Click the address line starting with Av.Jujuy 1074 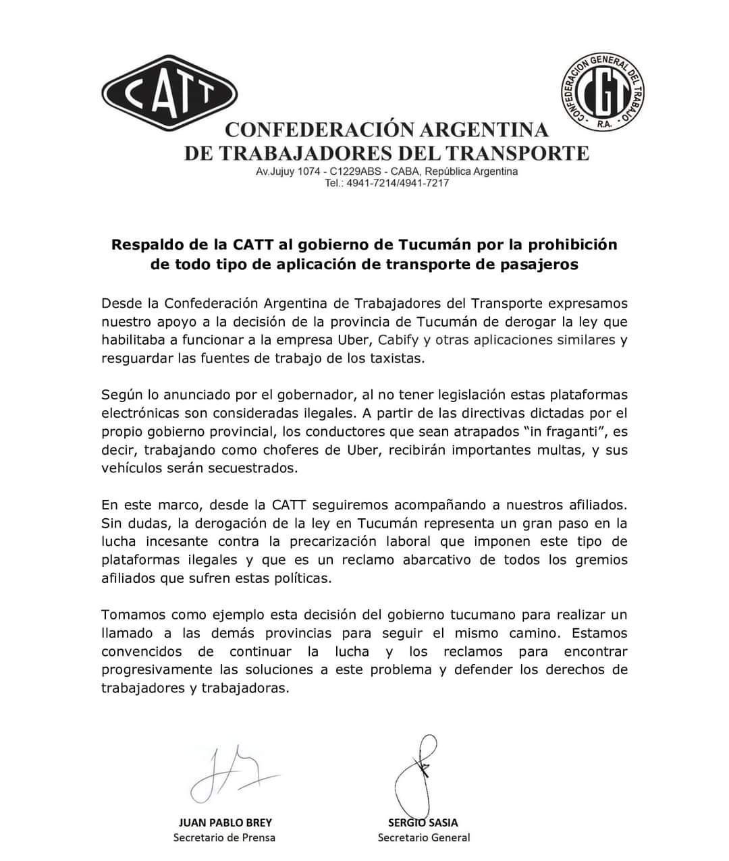(x=387, y=171)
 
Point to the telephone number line (x=387, y=183)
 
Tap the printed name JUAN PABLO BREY (x=225, y=823)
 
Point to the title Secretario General (x=423, y=837)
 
